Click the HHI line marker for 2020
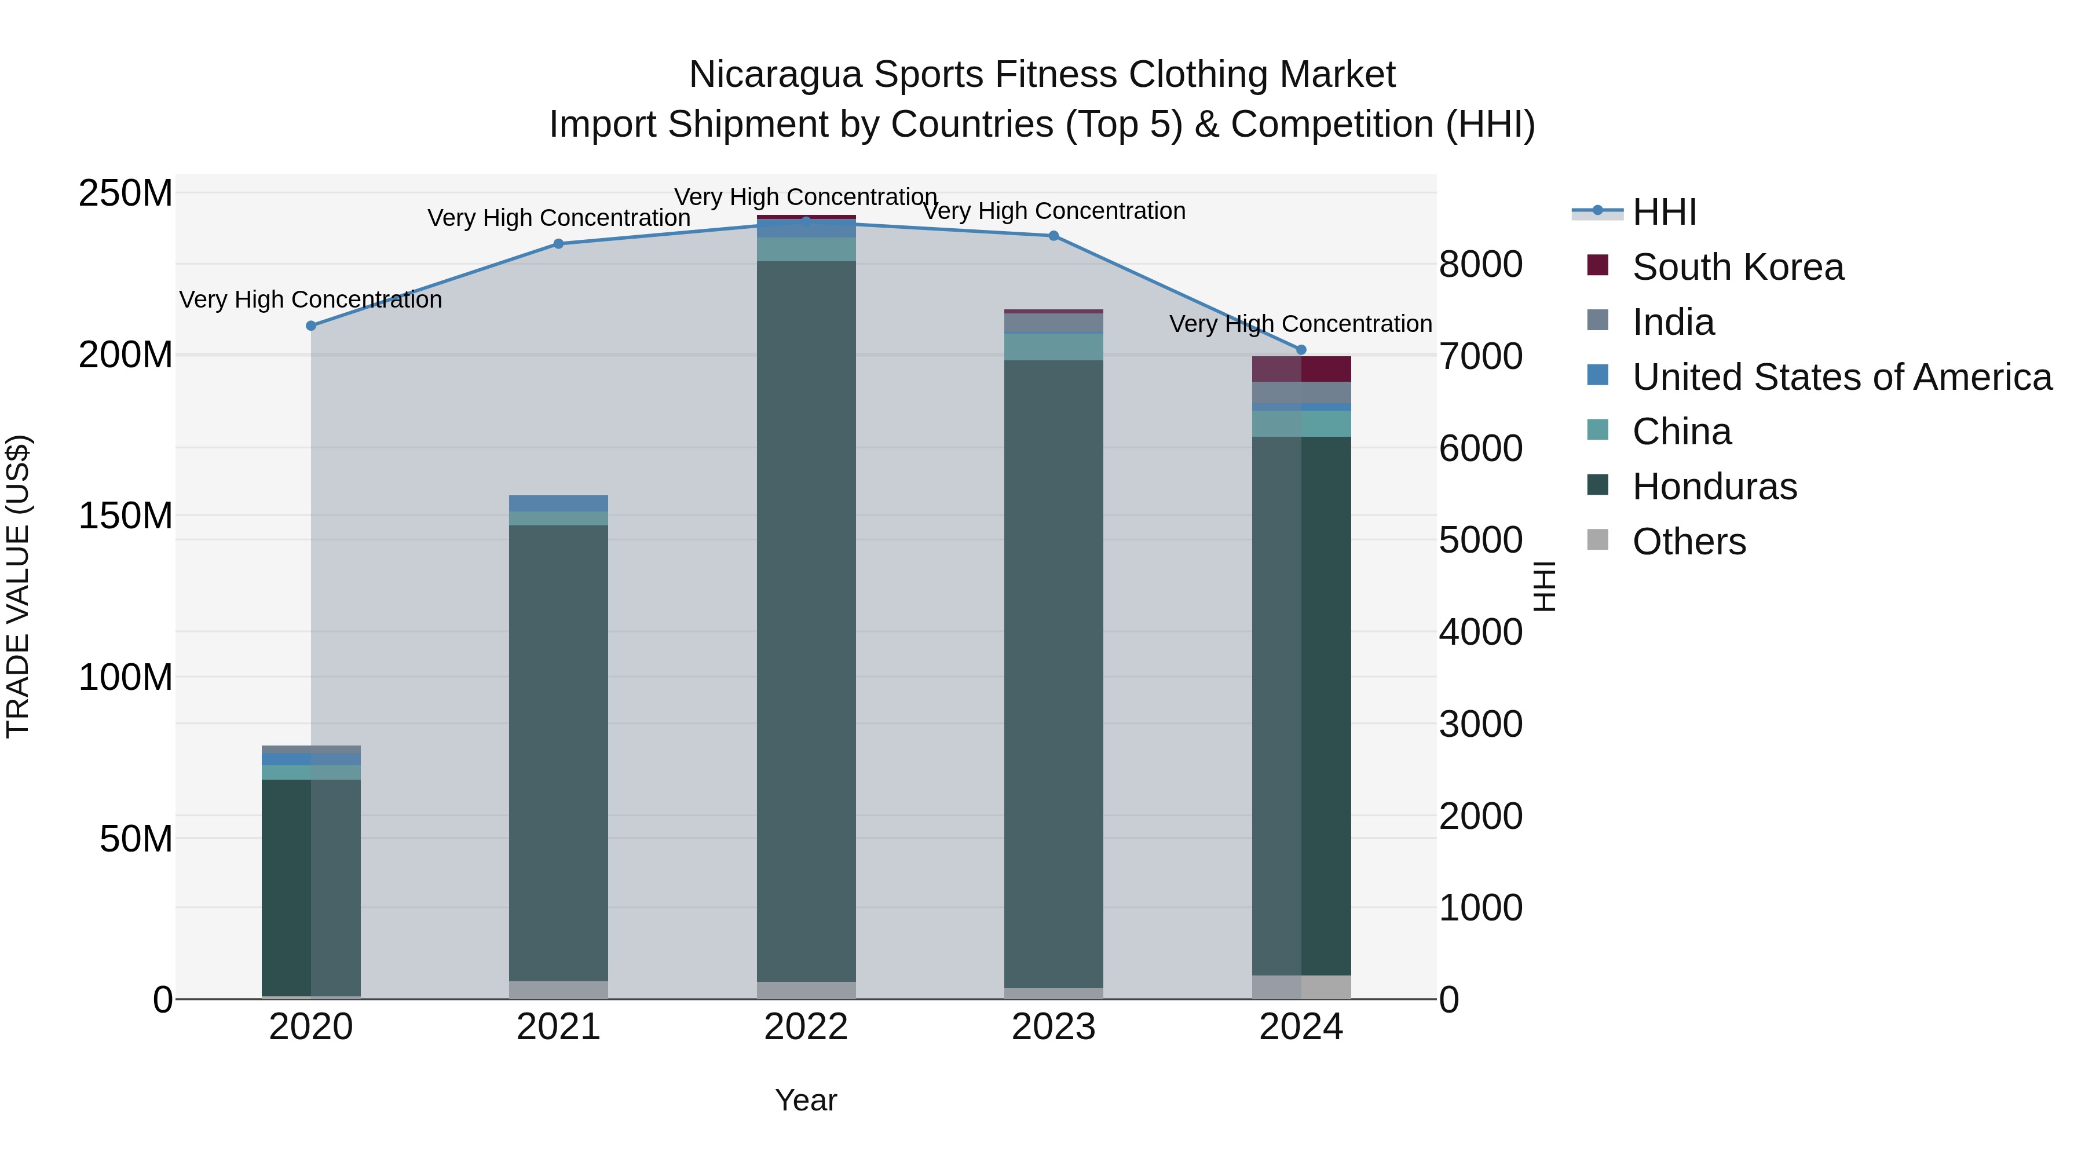pos(311,326)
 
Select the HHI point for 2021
pos(558,244)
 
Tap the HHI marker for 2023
pos(1053,236)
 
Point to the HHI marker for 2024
pos(1301,350)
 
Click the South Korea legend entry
pos(1737,267)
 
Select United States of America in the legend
pos(1841,377)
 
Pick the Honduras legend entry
pos(1714,487)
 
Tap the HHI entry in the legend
pos(1663,212)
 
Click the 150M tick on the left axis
pos(126,516)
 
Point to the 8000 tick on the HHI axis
pos(1480,265)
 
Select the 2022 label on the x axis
pos(806,1027)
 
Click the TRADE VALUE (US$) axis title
pos(18,586)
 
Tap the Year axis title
pos(806,1100)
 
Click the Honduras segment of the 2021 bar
pos(558,753)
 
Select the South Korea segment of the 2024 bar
pos(1301,369)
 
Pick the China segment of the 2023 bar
pos(1053,346)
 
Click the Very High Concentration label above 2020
pos(311,299)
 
